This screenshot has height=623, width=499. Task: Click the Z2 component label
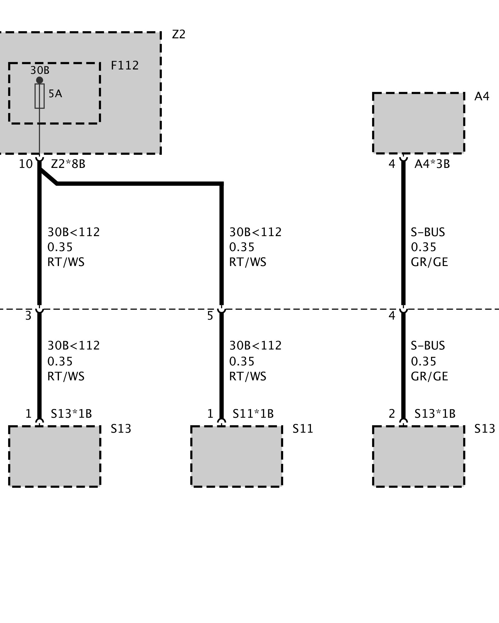click(179, 34)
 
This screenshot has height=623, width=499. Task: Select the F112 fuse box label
click(125, 66)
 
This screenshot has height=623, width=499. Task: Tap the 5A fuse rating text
click(55, 94)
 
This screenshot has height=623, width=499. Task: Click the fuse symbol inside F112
click(39, 96)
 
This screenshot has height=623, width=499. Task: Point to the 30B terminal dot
click(39, 80)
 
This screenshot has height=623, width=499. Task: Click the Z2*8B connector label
click(68, 164)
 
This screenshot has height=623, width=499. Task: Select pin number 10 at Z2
click(26, 164)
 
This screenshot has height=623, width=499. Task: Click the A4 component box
click(419, 123)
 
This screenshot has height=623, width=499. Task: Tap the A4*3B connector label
click(432, 164)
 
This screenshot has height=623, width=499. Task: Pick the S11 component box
click(236, 456)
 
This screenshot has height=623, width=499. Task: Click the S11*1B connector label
click(253, 414)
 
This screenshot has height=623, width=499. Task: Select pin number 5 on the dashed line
click(210, 316)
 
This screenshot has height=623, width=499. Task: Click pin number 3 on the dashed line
click(28, 316)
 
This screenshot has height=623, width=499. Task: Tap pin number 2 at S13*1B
click(392, 414)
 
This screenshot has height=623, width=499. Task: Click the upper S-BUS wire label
click(428, 232)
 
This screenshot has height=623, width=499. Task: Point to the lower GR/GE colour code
click(429, 376)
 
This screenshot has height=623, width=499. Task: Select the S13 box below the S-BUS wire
click(419, 456)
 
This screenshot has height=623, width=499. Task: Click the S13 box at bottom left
click(55, 456)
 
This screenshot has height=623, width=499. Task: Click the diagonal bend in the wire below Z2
click(48, 177)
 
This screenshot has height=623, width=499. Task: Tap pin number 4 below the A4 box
click(392, 164)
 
